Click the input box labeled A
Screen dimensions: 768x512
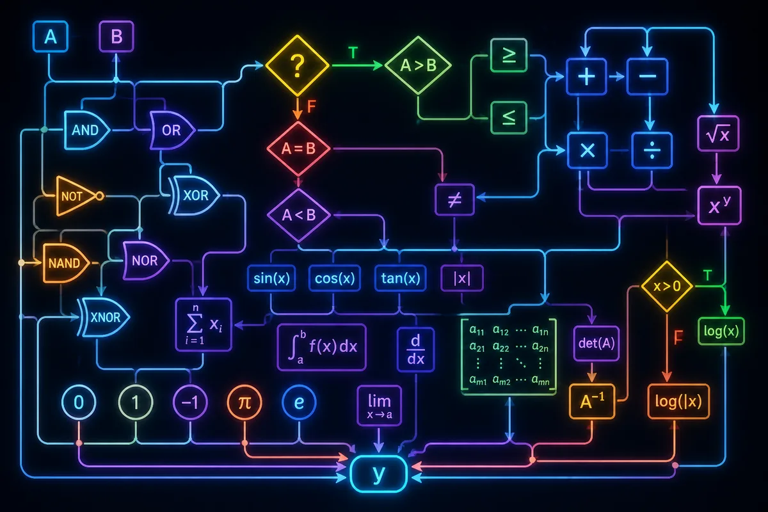[x=51, y=36]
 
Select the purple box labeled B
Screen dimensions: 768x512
[x=116, y=36]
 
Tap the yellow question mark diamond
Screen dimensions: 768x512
[x=297, y=65]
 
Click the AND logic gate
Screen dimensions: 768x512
[x=87, y=130]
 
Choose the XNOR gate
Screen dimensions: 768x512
[x=104, y=317]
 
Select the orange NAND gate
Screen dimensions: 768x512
[x=66, y=262]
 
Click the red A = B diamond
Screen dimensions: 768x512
[x=298, y=149]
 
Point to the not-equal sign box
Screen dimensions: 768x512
[x=454, y=200]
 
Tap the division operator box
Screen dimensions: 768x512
[x=652, y=150]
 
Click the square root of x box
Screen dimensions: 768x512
[x=718, y=134]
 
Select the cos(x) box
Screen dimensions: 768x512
[x=335, y=278]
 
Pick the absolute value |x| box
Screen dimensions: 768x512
[x=462, y=278]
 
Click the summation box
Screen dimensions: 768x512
[x=204, y=324]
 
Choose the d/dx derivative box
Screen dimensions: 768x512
[x=416, y=349]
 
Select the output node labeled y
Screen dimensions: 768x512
[x=378, y=474]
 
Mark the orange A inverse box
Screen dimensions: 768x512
[x=592, y=401]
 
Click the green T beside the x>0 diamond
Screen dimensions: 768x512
[x=708, y=275]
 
